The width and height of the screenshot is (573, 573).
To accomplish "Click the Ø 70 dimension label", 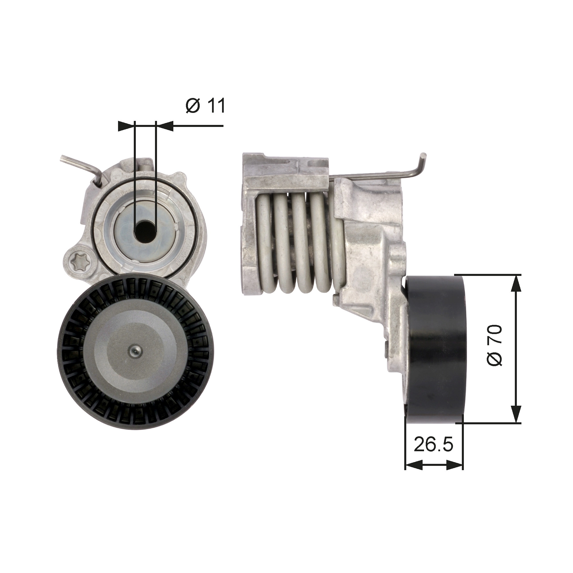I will pos(494,346).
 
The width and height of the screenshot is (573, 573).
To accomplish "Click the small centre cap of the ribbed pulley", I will pos(135,352).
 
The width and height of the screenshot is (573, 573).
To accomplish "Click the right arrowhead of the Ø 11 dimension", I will pos(165,126).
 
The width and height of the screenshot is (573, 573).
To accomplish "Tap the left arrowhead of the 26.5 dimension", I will pos(414,473).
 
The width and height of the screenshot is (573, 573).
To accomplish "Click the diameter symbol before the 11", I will pos(193,106).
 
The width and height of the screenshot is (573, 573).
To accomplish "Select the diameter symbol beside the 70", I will pos(494,359).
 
